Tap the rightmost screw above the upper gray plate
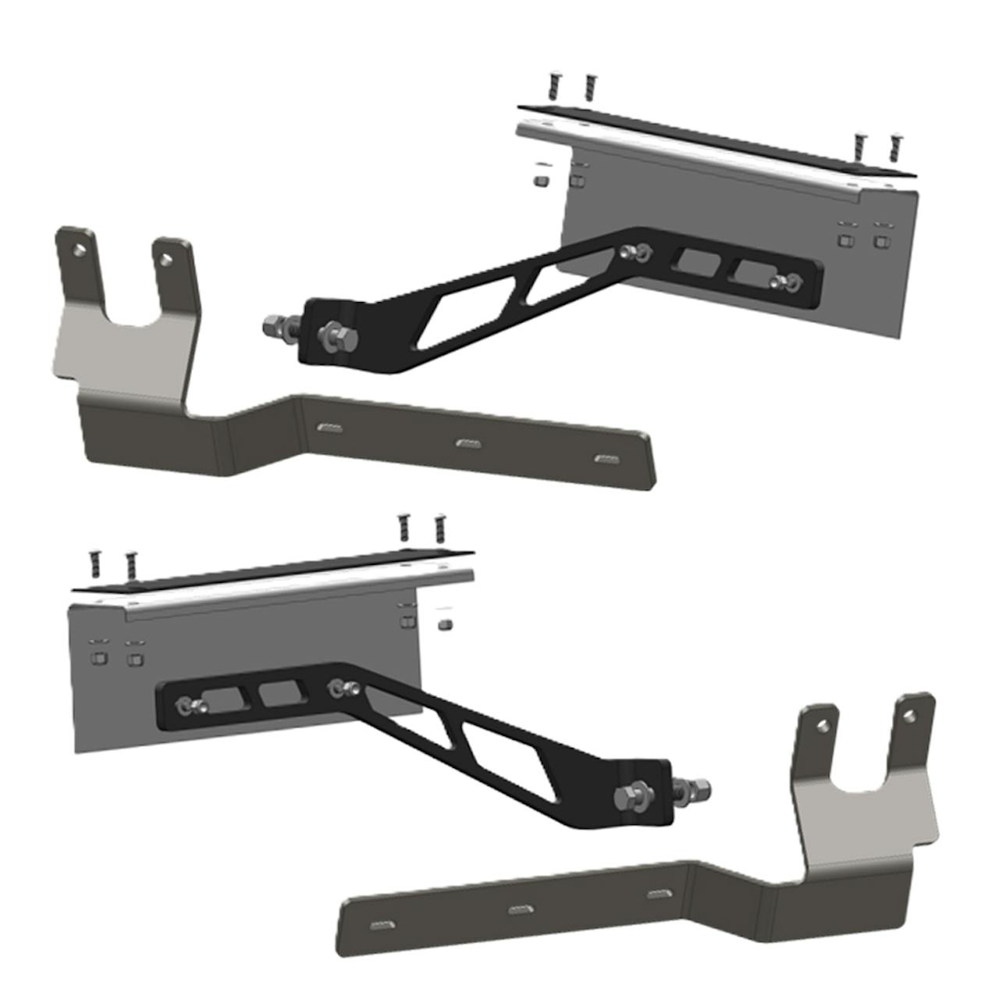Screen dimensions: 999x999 tap(894, 148)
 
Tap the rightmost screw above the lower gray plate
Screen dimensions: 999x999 tap(439, 527)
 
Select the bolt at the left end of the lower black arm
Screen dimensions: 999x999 tap(189, 706)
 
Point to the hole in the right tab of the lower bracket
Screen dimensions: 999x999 tap(907, 713)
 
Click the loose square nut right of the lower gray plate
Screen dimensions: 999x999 tap(445, 624)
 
